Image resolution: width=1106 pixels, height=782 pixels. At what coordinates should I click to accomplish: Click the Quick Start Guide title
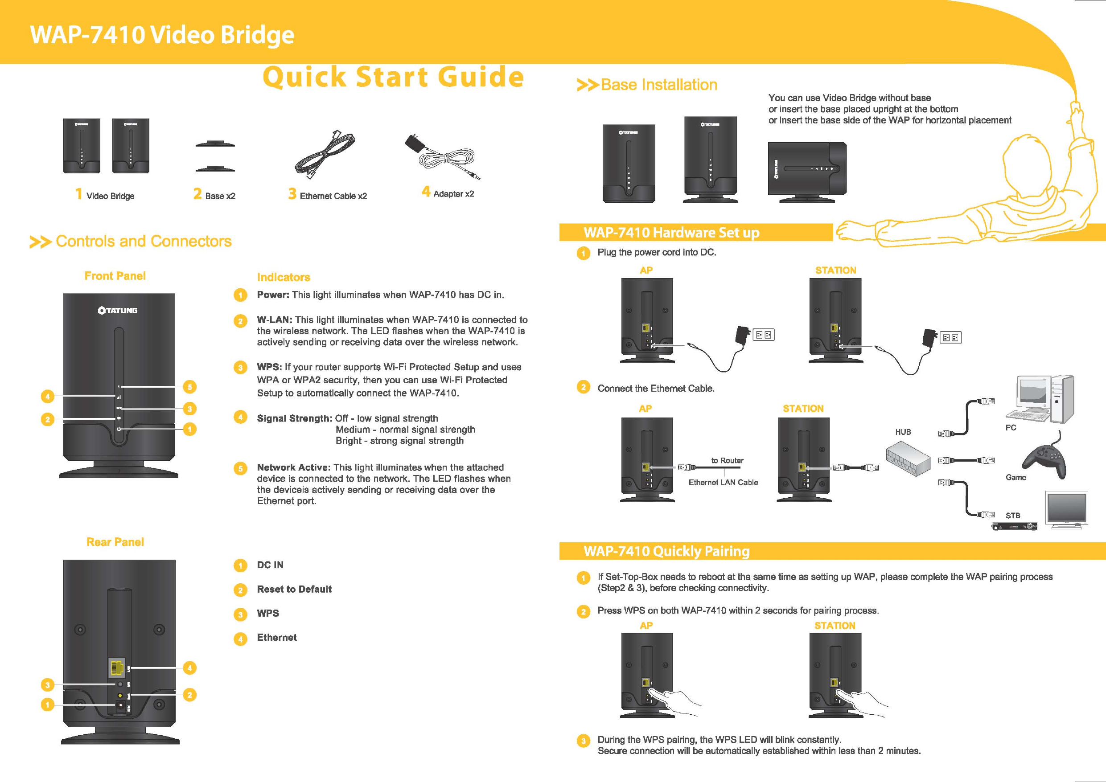[x=393, y=77]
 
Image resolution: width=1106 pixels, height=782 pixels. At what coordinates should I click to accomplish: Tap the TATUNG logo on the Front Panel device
[x=118, y=311]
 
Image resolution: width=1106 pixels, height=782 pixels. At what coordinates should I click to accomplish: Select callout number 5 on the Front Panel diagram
[x=190, y=387]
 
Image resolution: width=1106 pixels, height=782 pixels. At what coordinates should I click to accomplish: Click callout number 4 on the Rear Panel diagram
[x=190, y=668]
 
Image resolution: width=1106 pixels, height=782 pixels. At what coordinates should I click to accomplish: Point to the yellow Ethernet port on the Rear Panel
[x=116, y=667]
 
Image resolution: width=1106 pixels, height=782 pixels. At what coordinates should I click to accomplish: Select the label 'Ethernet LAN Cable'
[x=723, y=483]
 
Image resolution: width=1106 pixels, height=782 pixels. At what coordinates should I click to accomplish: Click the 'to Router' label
[x=727, y=460]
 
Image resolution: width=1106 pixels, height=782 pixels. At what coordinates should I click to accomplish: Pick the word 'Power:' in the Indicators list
[x=273, y=295]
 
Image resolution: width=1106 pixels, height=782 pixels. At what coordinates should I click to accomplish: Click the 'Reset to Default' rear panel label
[x=294, y=590]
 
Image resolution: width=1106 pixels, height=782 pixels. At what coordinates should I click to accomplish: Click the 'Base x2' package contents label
[x=220, y=196]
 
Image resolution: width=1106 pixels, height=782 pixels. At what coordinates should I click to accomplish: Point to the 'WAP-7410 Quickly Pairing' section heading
[x=666, y=551]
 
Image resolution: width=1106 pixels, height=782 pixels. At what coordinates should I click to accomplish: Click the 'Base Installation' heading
[x=658, y=85]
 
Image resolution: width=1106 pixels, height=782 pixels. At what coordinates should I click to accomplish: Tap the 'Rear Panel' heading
[x=115, y=542]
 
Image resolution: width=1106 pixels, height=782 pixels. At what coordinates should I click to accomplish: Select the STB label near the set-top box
[x=1012, y=516]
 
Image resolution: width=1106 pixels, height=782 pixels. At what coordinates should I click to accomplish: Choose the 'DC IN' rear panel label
[x=270, y=565]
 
